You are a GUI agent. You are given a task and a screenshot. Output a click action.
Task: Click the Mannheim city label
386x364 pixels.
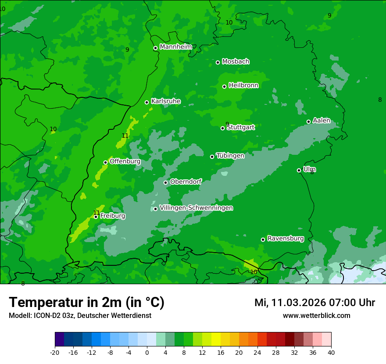[x=176, y=47]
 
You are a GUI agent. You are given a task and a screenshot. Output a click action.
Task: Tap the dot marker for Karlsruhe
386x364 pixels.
[x=147, y=103]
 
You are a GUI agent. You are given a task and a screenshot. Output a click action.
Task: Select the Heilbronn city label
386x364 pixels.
[x=243, y=86]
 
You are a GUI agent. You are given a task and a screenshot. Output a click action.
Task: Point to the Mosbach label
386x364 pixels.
[x=236, y=62]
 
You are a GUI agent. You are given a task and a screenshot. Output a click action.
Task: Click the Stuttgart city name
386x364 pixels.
[x=240, y=128]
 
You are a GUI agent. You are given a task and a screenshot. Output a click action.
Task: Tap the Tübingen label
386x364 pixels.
[x=230, y=156]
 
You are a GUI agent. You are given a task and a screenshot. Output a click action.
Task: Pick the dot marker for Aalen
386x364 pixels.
[x=309, y=121]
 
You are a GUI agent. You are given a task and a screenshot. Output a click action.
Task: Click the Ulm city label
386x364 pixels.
[x=309, y=169]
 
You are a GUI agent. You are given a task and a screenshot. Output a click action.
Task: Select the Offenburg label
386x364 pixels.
[x=125, y=161]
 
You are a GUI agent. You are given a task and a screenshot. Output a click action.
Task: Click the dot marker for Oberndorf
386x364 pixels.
[x=166, y=182]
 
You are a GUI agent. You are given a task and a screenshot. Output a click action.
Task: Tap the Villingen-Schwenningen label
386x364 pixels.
[x=196, y=208]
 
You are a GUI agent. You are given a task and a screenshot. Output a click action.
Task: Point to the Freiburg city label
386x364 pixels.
[x=113, y=216]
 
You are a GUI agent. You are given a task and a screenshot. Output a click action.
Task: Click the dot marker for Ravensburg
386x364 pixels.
[x=263, y=239]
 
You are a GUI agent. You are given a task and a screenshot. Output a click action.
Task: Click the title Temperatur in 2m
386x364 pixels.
[x=86, y=302]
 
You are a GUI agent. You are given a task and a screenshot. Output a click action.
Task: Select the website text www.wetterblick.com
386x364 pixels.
[x=316, y=316]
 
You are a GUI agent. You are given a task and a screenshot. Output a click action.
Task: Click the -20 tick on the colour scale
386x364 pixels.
[x=55, y=353]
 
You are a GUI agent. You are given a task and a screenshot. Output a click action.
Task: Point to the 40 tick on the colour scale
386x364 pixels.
[x=331, y=353]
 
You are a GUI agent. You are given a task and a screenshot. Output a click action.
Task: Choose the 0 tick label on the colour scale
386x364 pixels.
[x=147, y=353]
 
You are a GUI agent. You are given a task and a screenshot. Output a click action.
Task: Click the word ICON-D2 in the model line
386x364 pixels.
[x=44, y=316]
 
